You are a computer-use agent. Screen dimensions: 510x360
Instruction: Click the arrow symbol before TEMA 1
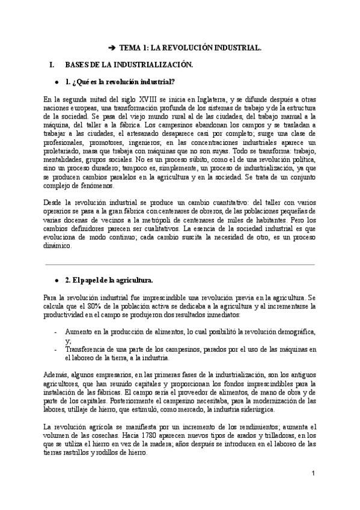[x=112, y=46]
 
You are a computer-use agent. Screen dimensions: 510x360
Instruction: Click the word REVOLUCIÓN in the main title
[x=185, y=46]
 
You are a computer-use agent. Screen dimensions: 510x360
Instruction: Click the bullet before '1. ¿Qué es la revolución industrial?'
[x=56, y=81]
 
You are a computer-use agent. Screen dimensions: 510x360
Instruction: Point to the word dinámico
[x=57, y=245]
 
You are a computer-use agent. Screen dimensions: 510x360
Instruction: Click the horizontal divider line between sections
[x=180, y=264]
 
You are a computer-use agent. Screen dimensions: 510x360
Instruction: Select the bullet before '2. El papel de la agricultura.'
[x=56, y=280]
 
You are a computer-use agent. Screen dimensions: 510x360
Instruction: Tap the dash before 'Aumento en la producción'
[x=56, y=332]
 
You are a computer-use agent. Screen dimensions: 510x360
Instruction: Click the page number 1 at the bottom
[x=313, y=473]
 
